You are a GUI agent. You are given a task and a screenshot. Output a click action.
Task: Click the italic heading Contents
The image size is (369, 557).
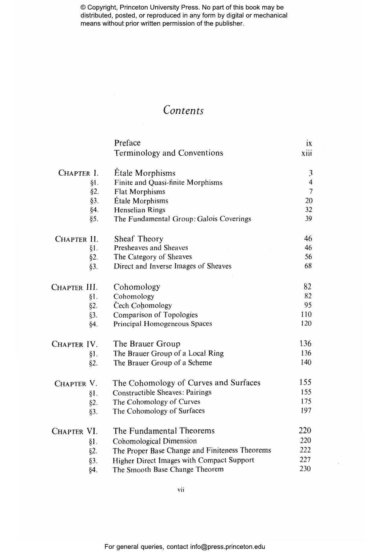[183, 110]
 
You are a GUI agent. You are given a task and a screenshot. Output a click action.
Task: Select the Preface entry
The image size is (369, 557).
[127, 143]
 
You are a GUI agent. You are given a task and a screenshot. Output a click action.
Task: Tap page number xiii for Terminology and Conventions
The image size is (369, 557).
[307, 153]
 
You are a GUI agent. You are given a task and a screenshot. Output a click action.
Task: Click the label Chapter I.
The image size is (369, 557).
[78, 173]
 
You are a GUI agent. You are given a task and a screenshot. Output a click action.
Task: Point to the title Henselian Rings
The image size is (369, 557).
[139, 210]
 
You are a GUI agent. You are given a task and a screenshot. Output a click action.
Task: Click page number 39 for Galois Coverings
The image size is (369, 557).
[308, 219]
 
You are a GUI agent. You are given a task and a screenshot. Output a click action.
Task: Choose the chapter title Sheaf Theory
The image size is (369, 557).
[139, 239]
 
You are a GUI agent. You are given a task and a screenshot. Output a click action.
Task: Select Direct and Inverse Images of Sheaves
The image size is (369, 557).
[172, 266]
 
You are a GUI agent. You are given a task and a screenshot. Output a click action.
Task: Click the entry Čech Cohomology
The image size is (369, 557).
[142, 306]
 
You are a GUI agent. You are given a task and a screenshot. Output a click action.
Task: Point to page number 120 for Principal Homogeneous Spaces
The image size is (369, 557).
[306, 323]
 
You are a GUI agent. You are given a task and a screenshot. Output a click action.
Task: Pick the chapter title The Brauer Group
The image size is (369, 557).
[147, 344]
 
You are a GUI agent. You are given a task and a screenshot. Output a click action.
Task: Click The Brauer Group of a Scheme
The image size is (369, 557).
[162, 363]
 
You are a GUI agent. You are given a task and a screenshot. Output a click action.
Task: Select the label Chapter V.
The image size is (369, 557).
[76, 384]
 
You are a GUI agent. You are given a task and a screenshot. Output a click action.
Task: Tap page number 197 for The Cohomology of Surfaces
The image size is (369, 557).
[306, 410]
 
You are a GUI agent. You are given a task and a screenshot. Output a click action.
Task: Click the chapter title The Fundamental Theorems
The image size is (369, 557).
[164, 431]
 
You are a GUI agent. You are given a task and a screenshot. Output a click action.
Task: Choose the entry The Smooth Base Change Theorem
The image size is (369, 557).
[168, 469]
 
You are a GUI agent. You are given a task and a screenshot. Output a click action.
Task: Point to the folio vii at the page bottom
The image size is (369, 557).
[181, 490]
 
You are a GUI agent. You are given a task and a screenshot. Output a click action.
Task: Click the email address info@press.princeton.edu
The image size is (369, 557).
[227, 546]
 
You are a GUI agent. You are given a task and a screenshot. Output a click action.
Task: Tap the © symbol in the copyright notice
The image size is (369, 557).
[83, 8]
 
